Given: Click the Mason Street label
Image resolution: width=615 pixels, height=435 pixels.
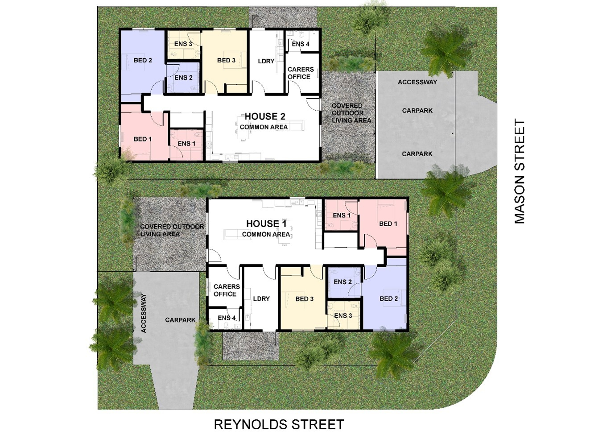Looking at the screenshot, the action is (519, 171).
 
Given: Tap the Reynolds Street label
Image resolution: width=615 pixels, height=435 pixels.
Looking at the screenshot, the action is (279, 424).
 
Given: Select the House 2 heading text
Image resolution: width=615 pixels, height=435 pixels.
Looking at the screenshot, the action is (265, 116).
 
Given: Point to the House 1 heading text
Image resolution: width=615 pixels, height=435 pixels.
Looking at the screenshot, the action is (266, 224).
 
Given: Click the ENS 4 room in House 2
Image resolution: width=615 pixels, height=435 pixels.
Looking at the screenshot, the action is (302, 41).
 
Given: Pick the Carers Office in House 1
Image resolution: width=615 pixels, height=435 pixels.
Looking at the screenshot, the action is (225, 287).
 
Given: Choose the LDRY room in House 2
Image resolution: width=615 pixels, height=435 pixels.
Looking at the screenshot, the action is (266, 62).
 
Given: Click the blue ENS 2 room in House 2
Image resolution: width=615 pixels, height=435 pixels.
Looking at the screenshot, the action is (183, 78).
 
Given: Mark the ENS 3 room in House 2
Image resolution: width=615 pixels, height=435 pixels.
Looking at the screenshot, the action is (184, 44).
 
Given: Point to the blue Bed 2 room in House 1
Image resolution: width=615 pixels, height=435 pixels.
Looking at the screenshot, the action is (384, 298).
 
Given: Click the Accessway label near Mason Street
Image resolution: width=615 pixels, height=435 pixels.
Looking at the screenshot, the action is (417, 82).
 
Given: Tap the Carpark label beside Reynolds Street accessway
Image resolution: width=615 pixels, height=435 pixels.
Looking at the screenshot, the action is (180, 320).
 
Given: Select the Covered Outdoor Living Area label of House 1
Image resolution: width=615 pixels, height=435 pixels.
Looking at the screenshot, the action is (172, 230).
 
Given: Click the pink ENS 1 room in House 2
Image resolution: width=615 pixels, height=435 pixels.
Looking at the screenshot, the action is (186, 144).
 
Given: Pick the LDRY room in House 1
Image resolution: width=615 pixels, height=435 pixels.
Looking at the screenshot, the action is (261, 299).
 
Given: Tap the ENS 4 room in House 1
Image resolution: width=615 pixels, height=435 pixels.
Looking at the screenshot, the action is (225, 319).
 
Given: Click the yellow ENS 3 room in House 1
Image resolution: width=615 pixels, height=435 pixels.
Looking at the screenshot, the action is (343, 315).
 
